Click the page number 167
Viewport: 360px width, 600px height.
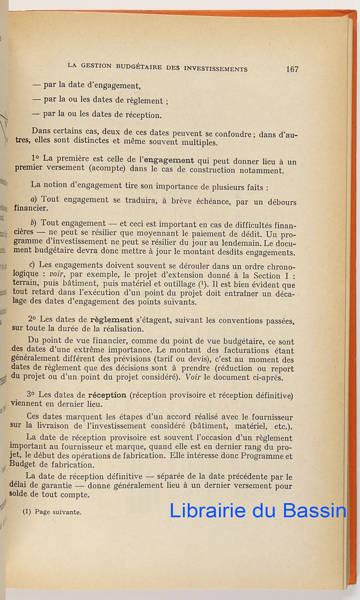[x=292, y=69]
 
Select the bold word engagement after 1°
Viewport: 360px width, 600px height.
[x=169, y=160]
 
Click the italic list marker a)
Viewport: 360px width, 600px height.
[x=34, y=199]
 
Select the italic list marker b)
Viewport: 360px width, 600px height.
[x=34, y=223]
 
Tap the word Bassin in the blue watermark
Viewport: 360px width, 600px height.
[x=314, y=510]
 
